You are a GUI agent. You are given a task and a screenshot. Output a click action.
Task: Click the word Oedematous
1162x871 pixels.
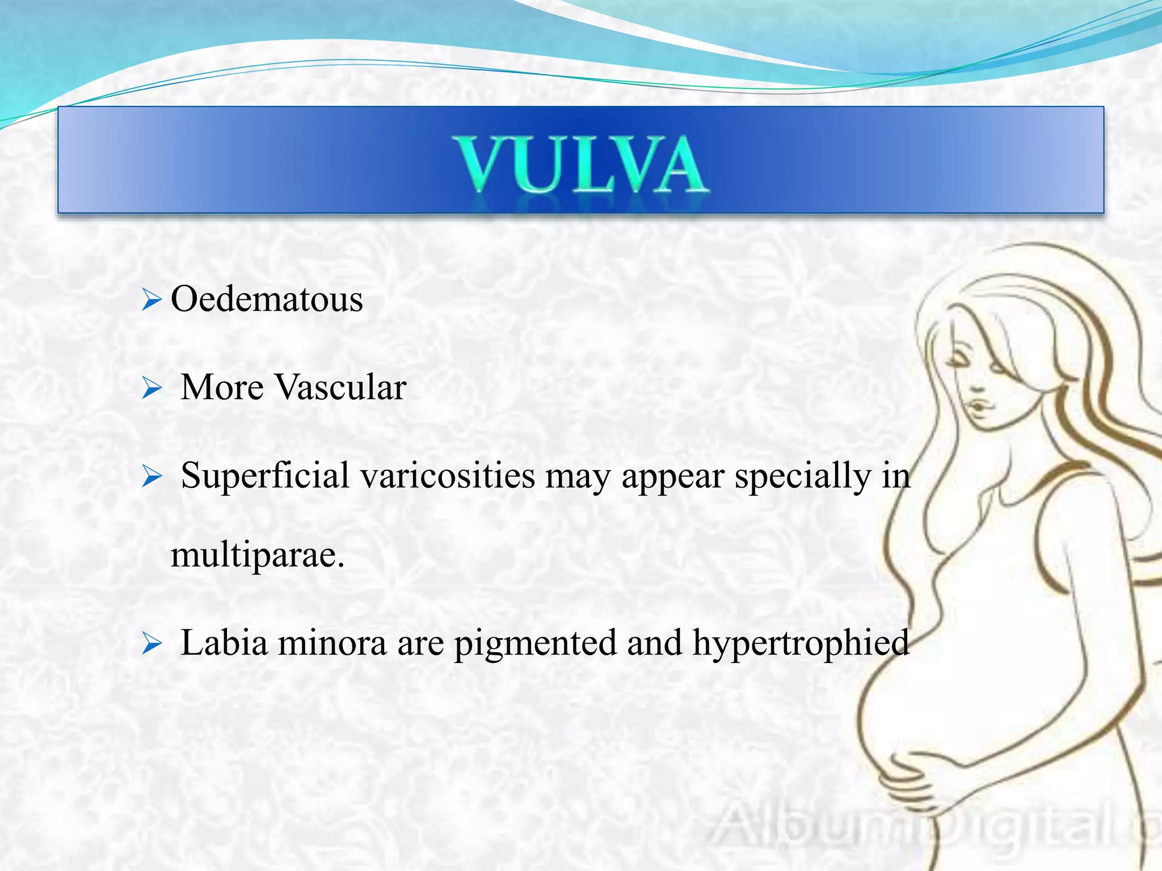click(267, 299)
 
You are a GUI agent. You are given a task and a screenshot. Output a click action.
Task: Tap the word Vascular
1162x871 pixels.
click(340, 387)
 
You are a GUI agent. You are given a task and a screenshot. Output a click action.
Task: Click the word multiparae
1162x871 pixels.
click(257, 555)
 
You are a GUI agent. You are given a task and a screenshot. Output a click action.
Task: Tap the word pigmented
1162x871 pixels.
click(535, 644)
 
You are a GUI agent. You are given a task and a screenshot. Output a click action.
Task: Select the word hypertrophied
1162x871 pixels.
click(801, 644)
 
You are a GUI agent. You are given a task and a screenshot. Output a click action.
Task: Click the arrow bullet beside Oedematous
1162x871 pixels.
click(151, 299)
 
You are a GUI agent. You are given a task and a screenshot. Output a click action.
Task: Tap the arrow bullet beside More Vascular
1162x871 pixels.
click(151, 388)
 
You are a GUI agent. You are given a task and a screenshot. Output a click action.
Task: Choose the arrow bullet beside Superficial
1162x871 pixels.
click(151, 476)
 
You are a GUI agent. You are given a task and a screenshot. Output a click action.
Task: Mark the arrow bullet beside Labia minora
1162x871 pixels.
click(151, 644)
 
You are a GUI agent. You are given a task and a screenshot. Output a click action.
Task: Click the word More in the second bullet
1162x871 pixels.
click(222, 387)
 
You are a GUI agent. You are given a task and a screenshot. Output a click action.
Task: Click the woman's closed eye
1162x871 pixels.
click(959, 361)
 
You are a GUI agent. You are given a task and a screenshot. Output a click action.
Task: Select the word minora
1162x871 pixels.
click(332, 643)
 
